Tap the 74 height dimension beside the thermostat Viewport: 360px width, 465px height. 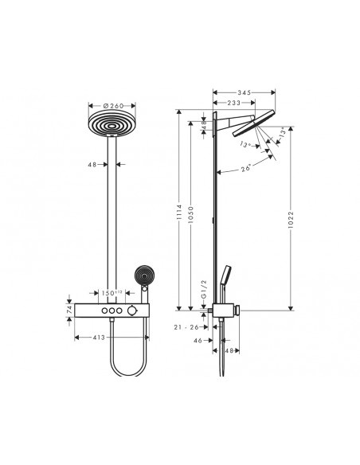(x=69, y=310)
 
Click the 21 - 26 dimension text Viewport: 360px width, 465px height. (x=186, y=326)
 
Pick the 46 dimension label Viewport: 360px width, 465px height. (x=198, y=340)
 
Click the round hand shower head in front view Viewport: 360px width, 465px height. (x=144, y=275)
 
